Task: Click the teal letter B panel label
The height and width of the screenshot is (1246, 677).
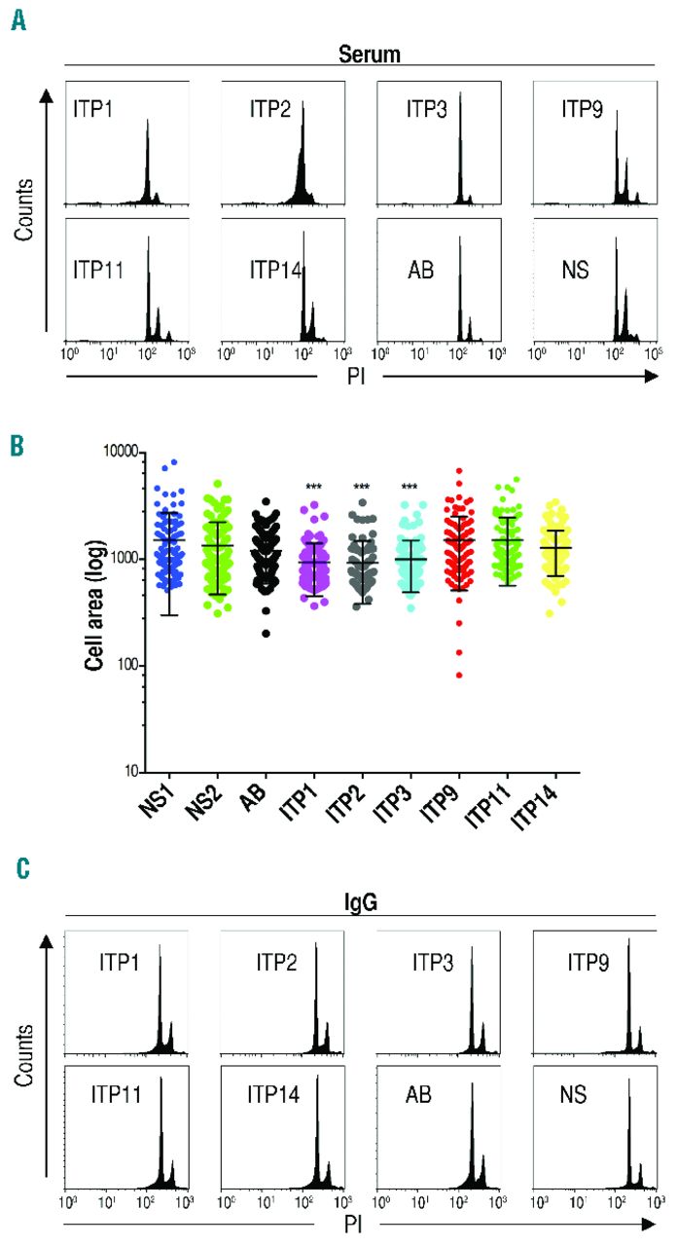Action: click(17, 448)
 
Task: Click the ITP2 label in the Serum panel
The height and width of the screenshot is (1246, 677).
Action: click(264, 106)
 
